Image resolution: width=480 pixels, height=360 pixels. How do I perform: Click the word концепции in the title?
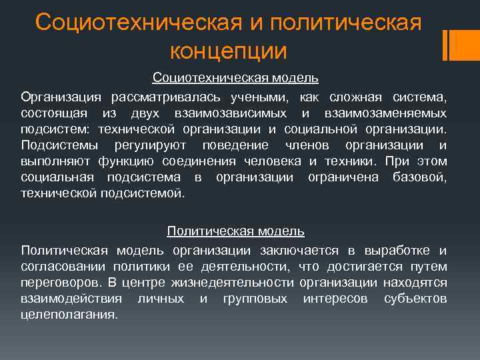click(x=229, y=51)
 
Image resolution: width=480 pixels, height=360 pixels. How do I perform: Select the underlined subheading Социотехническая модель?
click(x=235, y=78)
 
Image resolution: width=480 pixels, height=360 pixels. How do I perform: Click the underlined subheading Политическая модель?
click(x=236, y=231)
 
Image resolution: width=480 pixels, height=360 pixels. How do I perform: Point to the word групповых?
click(x=255, y=298)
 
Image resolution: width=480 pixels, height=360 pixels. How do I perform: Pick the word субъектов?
click(x=415, y=298)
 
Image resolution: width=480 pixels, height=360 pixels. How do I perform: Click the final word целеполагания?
click(x=69, y=314)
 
